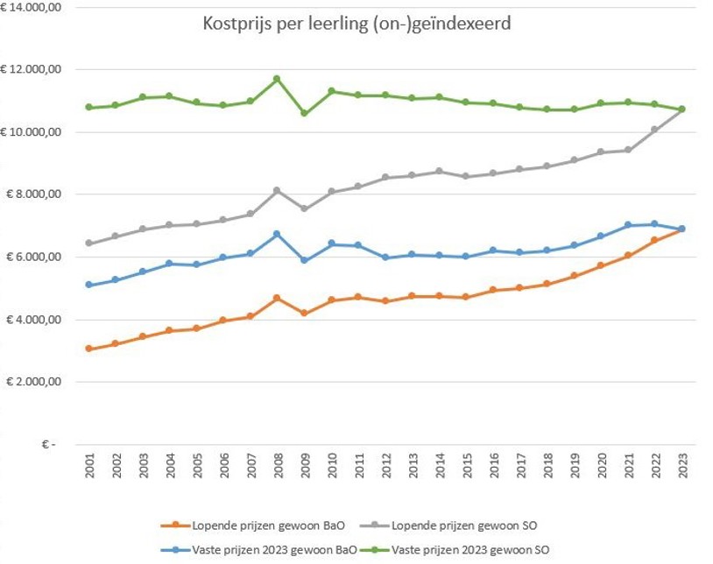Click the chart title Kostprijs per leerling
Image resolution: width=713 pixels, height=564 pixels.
[x=356, y=24]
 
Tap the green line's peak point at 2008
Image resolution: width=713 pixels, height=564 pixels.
[x=277, y=79]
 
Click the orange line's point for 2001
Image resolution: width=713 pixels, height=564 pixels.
[x=88, y=349]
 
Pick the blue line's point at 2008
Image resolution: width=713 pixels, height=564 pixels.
[x=277, y=234]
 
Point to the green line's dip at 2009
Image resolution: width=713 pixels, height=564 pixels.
[x=304, y=113]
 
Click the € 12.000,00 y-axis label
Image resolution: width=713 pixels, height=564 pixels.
[x=30, y=69]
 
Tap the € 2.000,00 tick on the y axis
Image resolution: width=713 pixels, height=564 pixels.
[x=30, y=382]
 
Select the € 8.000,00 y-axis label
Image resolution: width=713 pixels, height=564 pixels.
[x=30, y=194]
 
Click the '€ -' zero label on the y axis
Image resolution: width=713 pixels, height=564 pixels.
[x=48, y=445]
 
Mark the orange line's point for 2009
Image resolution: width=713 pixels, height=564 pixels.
[x=304, y=313]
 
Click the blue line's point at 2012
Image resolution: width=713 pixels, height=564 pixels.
[x=385, y=257]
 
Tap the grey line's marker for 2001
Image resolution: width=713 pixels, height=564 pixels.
[x=88, y=243]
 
